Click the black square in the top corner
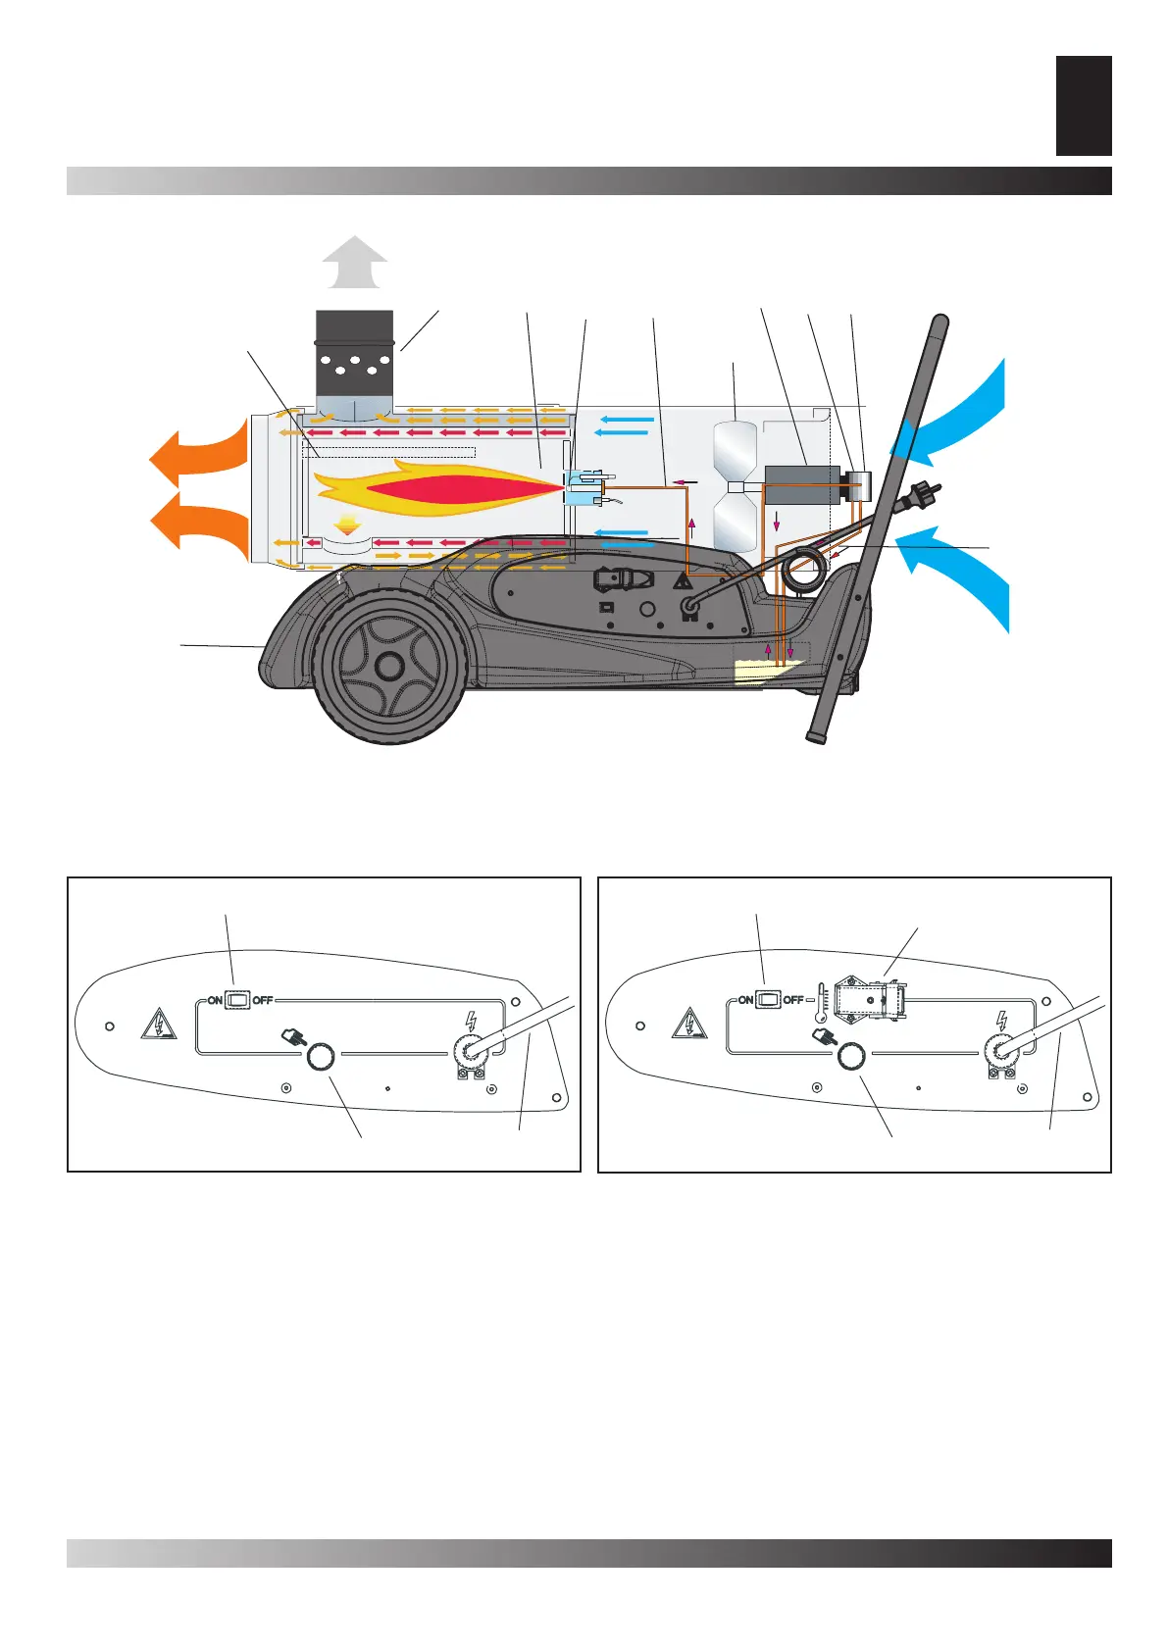[1084, 106]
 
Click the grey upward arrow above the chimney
[355, 263]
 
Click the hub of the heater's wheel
[388, 666]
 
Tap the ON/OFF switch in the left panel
[238, 1000]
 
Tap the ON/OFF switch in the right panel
[769, 1000]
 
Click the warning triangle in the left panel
[159, 1025]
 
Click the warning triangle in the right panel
[689, 1025]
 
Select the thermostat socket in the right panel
[869, 999]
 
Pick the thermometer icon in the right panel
[821, 1003]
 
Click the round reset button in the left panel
[320, 1057]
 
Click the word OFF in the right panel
[792, 1000]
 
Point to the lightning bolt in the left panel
[471, 1021]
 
